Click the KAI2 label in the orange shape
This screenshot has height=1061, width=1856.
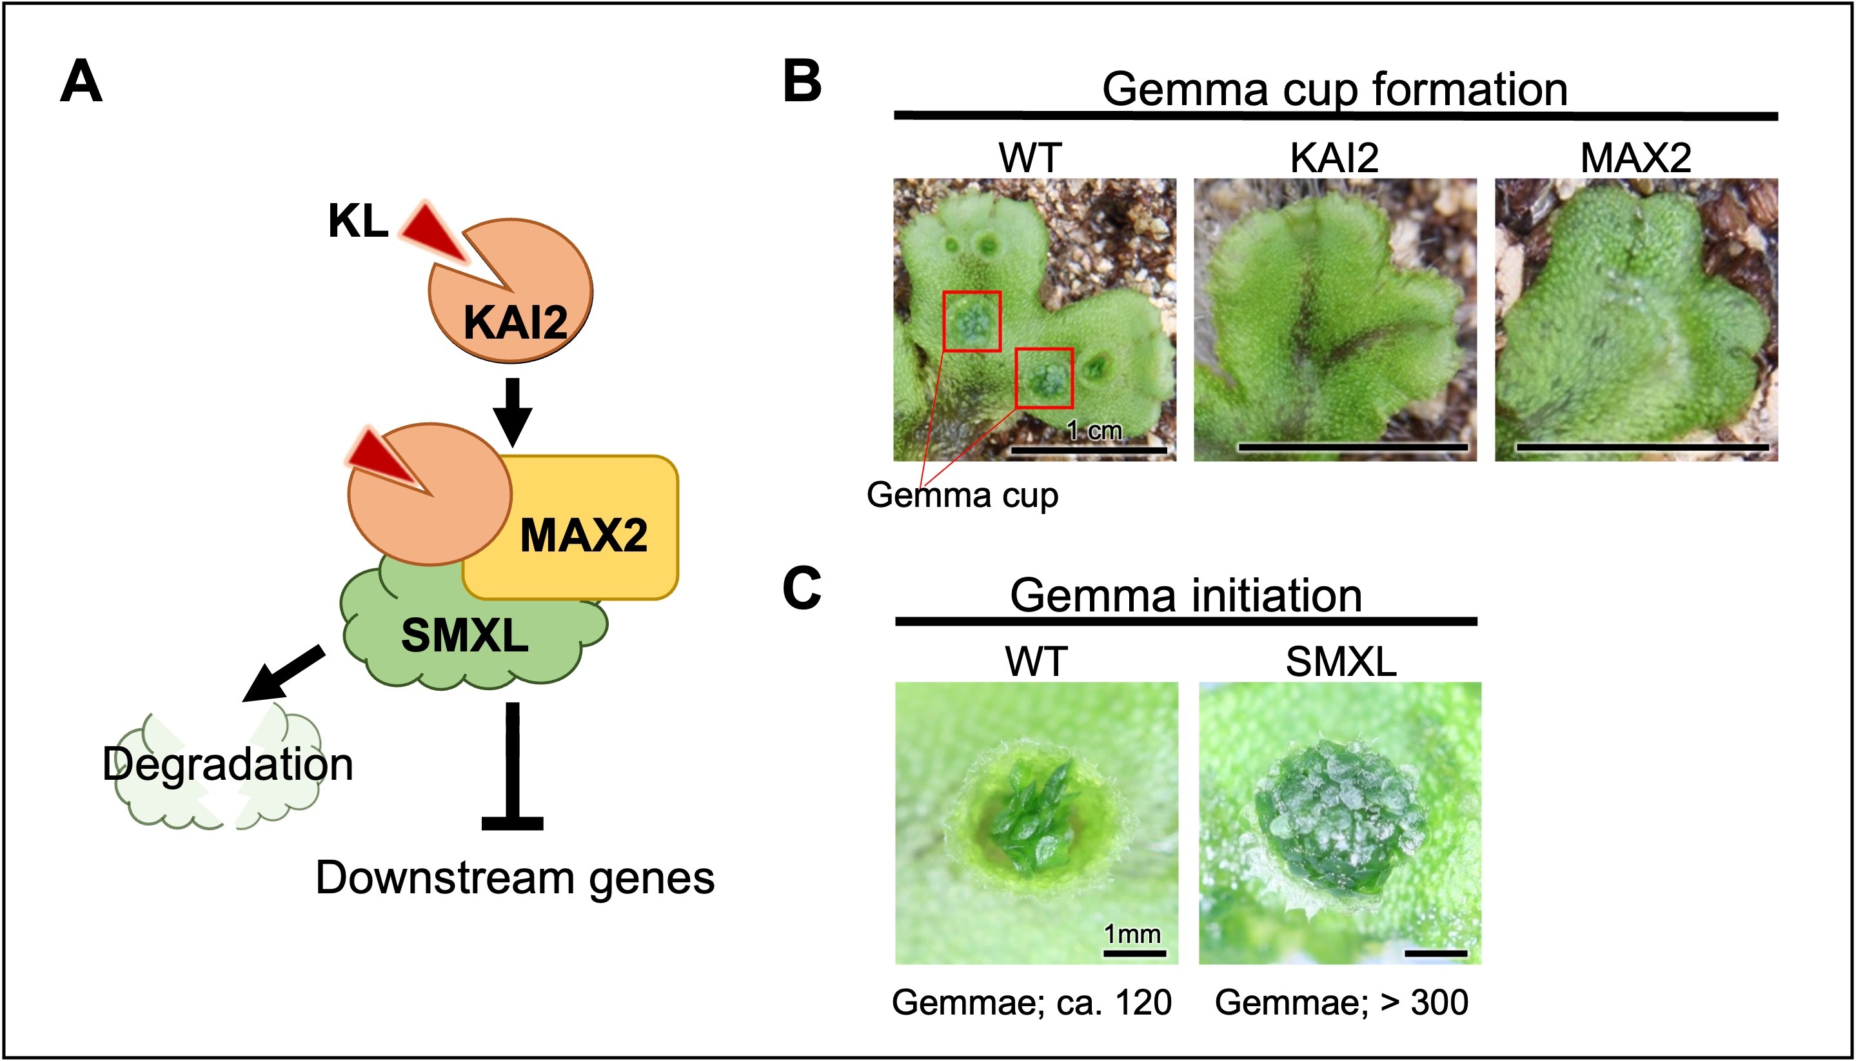point(515,323)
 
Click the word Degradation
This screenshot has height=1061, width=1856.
point(227,764)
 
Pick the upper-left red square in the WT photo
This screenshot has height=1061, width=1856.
point(972,321)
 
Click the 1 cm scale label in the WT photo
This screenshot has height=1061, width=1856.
point(1094,431)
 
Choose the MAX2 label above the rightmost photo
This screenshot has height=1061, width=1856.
point(1635,157)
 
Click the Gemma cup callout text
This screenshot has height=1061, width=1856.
point(962,495)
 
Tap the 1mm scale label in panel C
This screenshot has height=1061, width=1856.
point(1132,934)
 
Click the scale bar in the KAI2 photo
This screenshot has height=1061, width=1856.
point(1353,447)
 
